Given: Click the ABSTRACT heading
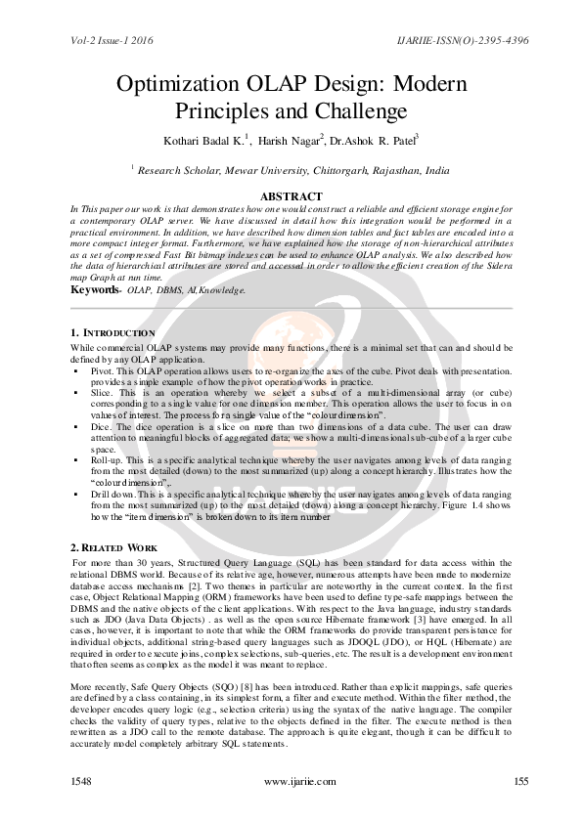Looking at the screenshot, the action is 292,196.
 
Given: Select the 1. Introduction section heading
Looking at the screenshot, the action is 113,333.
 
